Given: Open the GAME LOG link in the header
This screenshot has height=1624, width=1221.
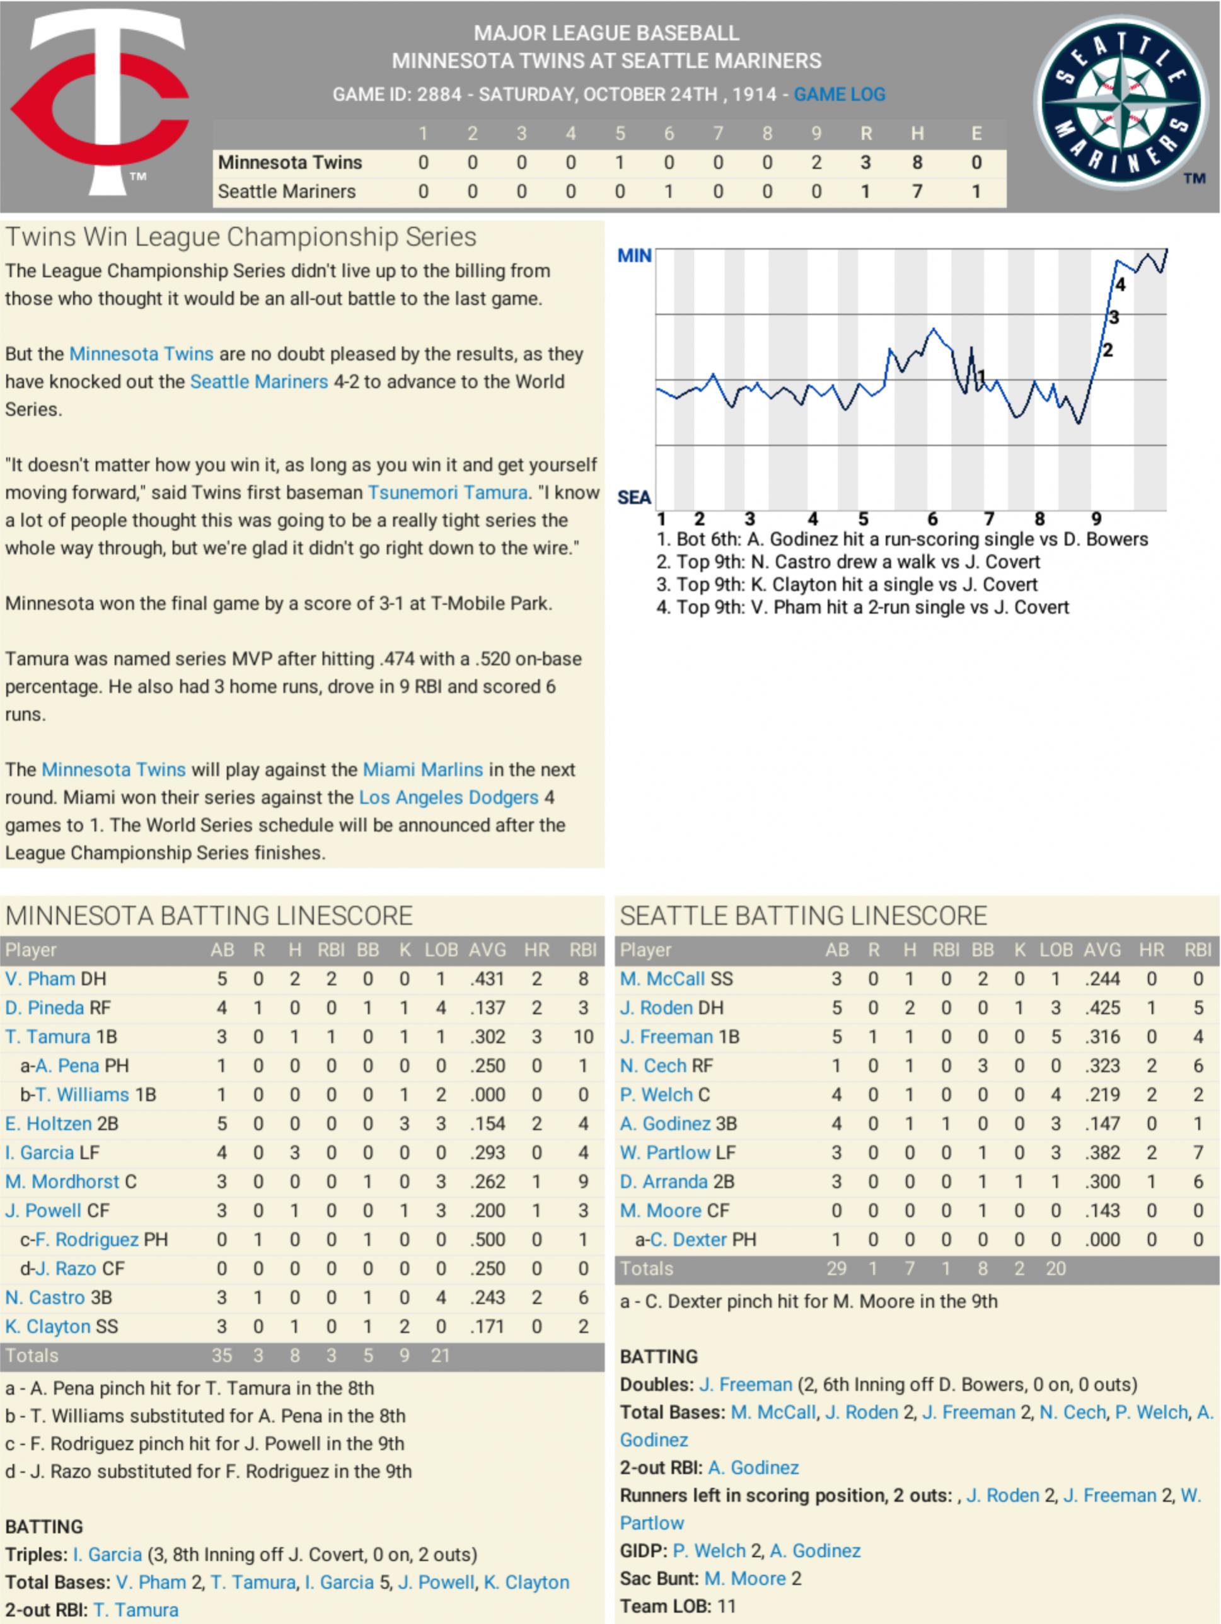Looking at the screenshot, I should click(x=839, y=95).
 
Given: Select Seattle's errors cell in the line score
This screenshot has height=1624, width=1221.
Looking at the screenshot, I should click(x=976, y=192).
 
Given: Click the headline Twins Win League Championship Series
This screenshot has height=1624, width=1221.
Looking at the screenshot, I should click(x=241, y=237).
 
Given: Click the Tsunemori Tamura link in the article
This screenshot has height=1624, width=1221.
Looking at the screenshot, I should click(x=447, y=493).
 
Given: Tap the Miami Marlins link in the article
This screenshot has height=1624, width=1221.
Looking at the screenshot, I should click(x=423, y=769).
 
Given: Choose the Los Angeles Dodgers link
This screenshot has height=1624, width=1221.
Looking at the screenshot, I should click(x=449, y=797).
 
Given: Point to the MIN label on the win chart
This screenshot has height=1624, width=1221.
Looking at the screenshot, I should click(x=634, y=255).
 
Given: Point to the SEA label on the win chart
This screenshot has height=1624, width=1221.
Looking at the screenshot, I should click(x=634, y=498).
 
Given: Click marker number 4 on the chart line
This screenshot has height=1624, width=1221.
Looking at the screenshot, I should click(x=1120, y=285).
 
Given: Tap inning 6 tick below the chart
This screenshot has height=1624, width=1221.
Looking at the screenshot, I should click(x=932, y=519).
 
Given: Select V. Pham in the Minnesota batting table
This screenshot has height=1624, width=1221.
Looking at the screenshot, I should click(x=40, y=979).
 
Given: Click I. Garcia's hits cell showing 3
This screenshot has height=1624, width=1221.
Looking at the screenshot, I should click(x=294, y=1153).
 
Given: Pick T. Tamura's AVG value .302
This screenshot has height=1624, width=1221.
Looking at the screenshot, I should click(x=487, y=1037).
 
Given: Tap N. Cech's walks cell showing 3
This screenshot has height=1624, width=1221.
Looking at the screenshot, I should click(x=982, y=1065).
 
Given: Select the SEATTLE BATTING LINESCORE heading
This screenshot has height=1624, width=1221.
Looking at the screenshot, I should click(x=803, y=916).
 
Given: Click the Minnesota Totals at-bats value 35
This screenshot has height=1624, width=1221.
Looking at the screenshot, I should click(x=222, y=1356).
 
